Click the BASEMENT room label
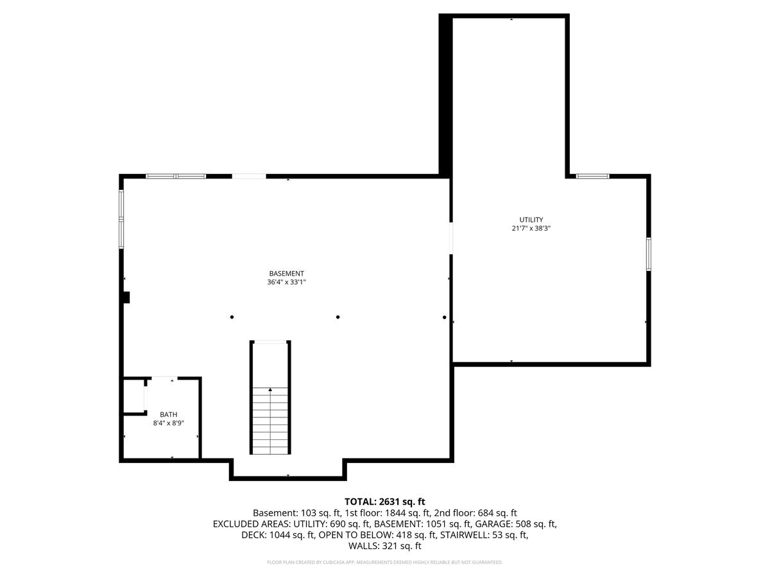click(286, 273)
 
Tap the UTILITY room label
click(531, 220)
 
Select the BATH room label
click(168, 415)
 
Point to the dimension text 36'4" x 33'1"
click(286, 282)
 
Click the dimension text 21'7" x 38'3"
click(531, 228)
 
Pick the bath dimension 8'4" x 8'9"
click(168, 423)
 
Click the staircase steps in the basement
click(270, 421)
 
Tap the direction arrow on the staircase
click(270, 390)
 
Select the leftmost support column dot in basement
click(232, 317)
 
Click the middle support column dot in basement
click(338, 317)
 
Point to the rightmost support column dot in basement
click(444, 317)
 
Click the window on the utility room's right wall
click(649, 253)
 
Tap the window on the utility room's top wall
click(592, 175)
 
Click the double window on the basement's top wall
click(176, 175)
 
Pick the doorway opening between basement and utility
click(451, 238)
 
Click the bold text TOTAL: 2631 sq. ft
click(385, 501)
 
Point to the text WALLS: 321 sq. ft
click(385, 546)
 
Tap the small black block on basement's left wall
click(126, 297)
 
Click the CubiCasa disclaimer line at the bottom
click(385, 562)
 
